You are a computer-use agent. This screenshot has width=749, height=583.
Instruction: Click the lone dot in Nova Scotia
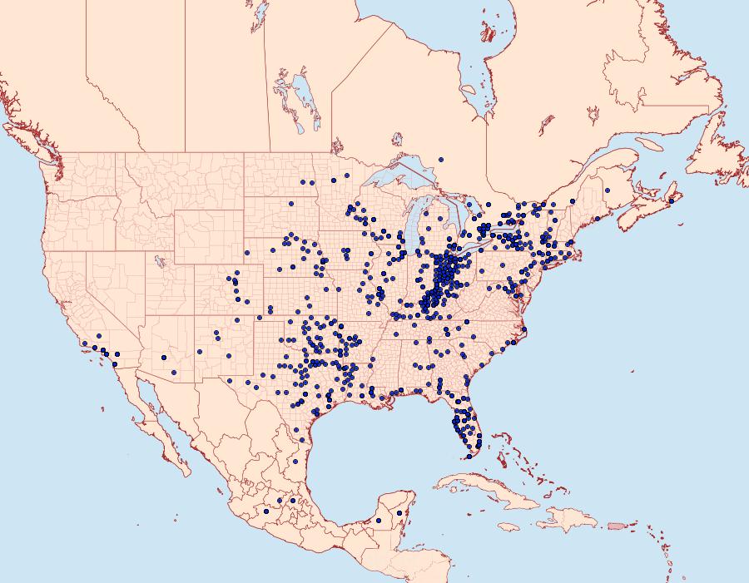pos(671,200)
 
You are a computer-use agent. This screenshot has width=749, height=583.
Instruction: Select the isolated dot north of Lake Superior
pos(440,160)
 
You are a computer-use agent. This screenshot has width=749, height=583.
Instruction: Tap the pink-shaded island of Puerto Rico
pos(616,525)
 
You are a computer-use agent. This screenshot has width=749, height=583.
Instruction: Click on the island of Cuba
pos(491,490)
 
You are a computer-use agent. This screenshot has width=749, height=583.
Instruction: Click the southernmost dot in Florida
pos(469,456)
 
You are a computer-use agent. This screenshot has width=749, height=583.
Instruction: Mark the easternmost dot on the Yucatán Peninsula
pos(400,513)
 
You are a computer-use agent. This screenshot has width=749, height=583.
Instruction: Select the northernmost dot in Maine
pos(608,190)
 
